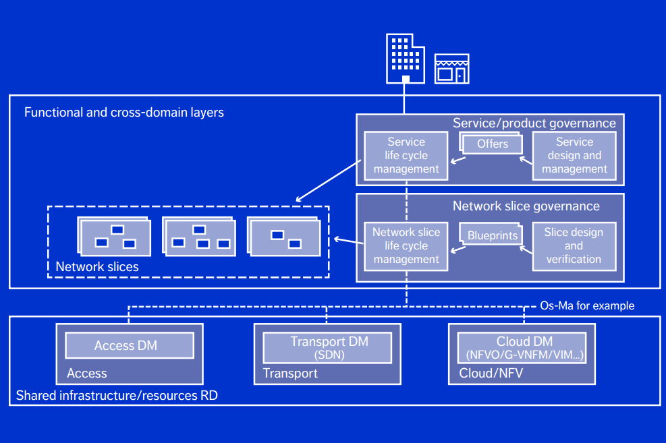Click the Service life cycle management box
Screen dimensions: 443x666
click(x=406, y=156)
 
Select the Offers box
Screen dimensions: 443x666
click(x=493, y=144)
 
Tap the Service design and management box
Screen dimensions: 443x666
click(x=574, y=156)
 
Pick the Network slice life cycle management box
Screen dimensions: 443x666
click(x=406, y=246)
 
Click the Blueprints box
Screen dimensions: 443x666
click(x=493, y=235)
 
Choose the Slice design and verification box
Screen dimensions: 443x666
click(x=574, y=246)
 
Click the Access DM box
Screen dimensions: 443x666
click(x=129, y=345)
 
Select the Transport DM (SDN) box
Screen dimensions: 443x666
click(x=327, y=347)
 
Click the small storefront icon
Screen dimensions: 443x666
click(x=451, y=68)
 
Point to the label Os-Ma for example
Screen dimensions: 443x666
click(x=587, y=305)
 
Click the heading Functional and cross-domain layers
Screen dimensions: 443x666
click(x=124, y=113)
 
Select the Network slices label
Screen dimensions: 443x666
click(x=97, y=267)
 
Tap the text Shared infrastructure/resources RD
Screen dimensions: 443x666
click(x=117, y=395)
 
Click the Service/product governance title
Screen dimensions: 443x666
click(x=534, y=123)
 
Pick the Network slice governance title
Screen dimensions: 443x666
click(x=526, y=206)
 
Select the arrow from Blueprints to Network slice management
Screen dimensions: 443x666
click(x=459, y=249)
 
